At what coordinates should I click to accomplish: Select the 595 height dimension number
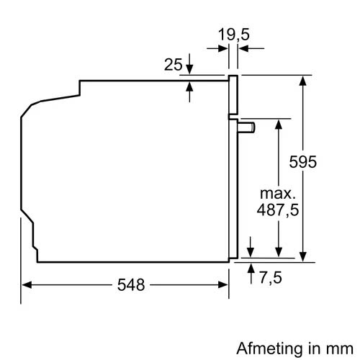coord(323,162)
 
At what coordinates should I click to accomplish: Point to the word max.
coord(277,194)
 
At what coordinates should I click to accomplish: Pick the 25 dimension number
coord(173,65)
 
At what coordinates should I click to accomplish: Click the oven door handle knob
coord(248,127)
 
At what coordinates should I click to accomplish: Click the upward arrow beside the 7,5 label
coord(251,269)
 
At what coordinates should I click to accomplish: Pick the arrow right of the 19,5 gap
coord(243,49)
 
